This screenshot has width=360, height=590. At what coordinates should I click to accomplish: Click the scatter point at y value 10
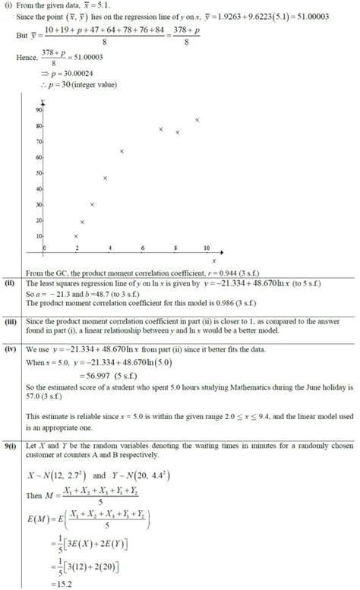point(76,236)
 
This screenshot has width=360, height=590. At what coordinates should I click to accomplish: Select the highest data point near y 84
point(197,120)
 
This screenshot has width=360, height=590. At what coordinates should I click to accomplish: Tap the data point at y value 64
point(122,151)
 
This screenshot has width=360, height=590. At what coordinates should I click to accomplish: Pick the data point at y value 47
point(105,178)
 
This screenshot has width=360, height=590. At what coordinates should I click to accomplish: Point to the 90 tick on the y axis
point(38,110)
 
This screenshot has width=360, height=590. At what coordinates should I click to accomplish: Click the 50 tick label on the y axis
point(38,173)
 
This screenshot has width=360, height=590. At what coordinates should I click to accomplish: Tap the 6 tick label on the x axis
point(142,248)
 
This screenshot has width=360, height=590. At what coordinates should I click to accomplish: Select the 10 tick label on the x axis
point(207,248)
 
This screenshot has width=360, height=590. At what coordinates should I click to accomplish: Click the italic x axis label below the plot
point(192,260)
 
